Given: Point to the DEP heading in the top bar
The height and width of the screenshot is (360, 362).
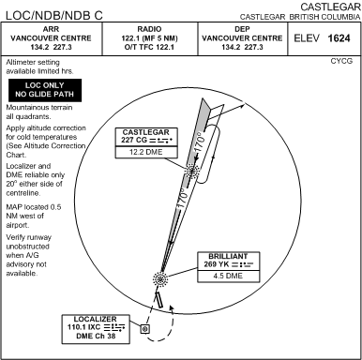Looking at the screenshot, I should coord(242,29).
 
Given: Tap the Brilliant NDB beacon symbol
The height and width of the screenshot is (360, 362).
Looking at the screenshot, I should coord(158,278).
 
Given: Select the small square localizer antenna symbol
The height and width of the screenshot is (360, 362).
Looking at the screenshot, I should coord(144,329).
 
